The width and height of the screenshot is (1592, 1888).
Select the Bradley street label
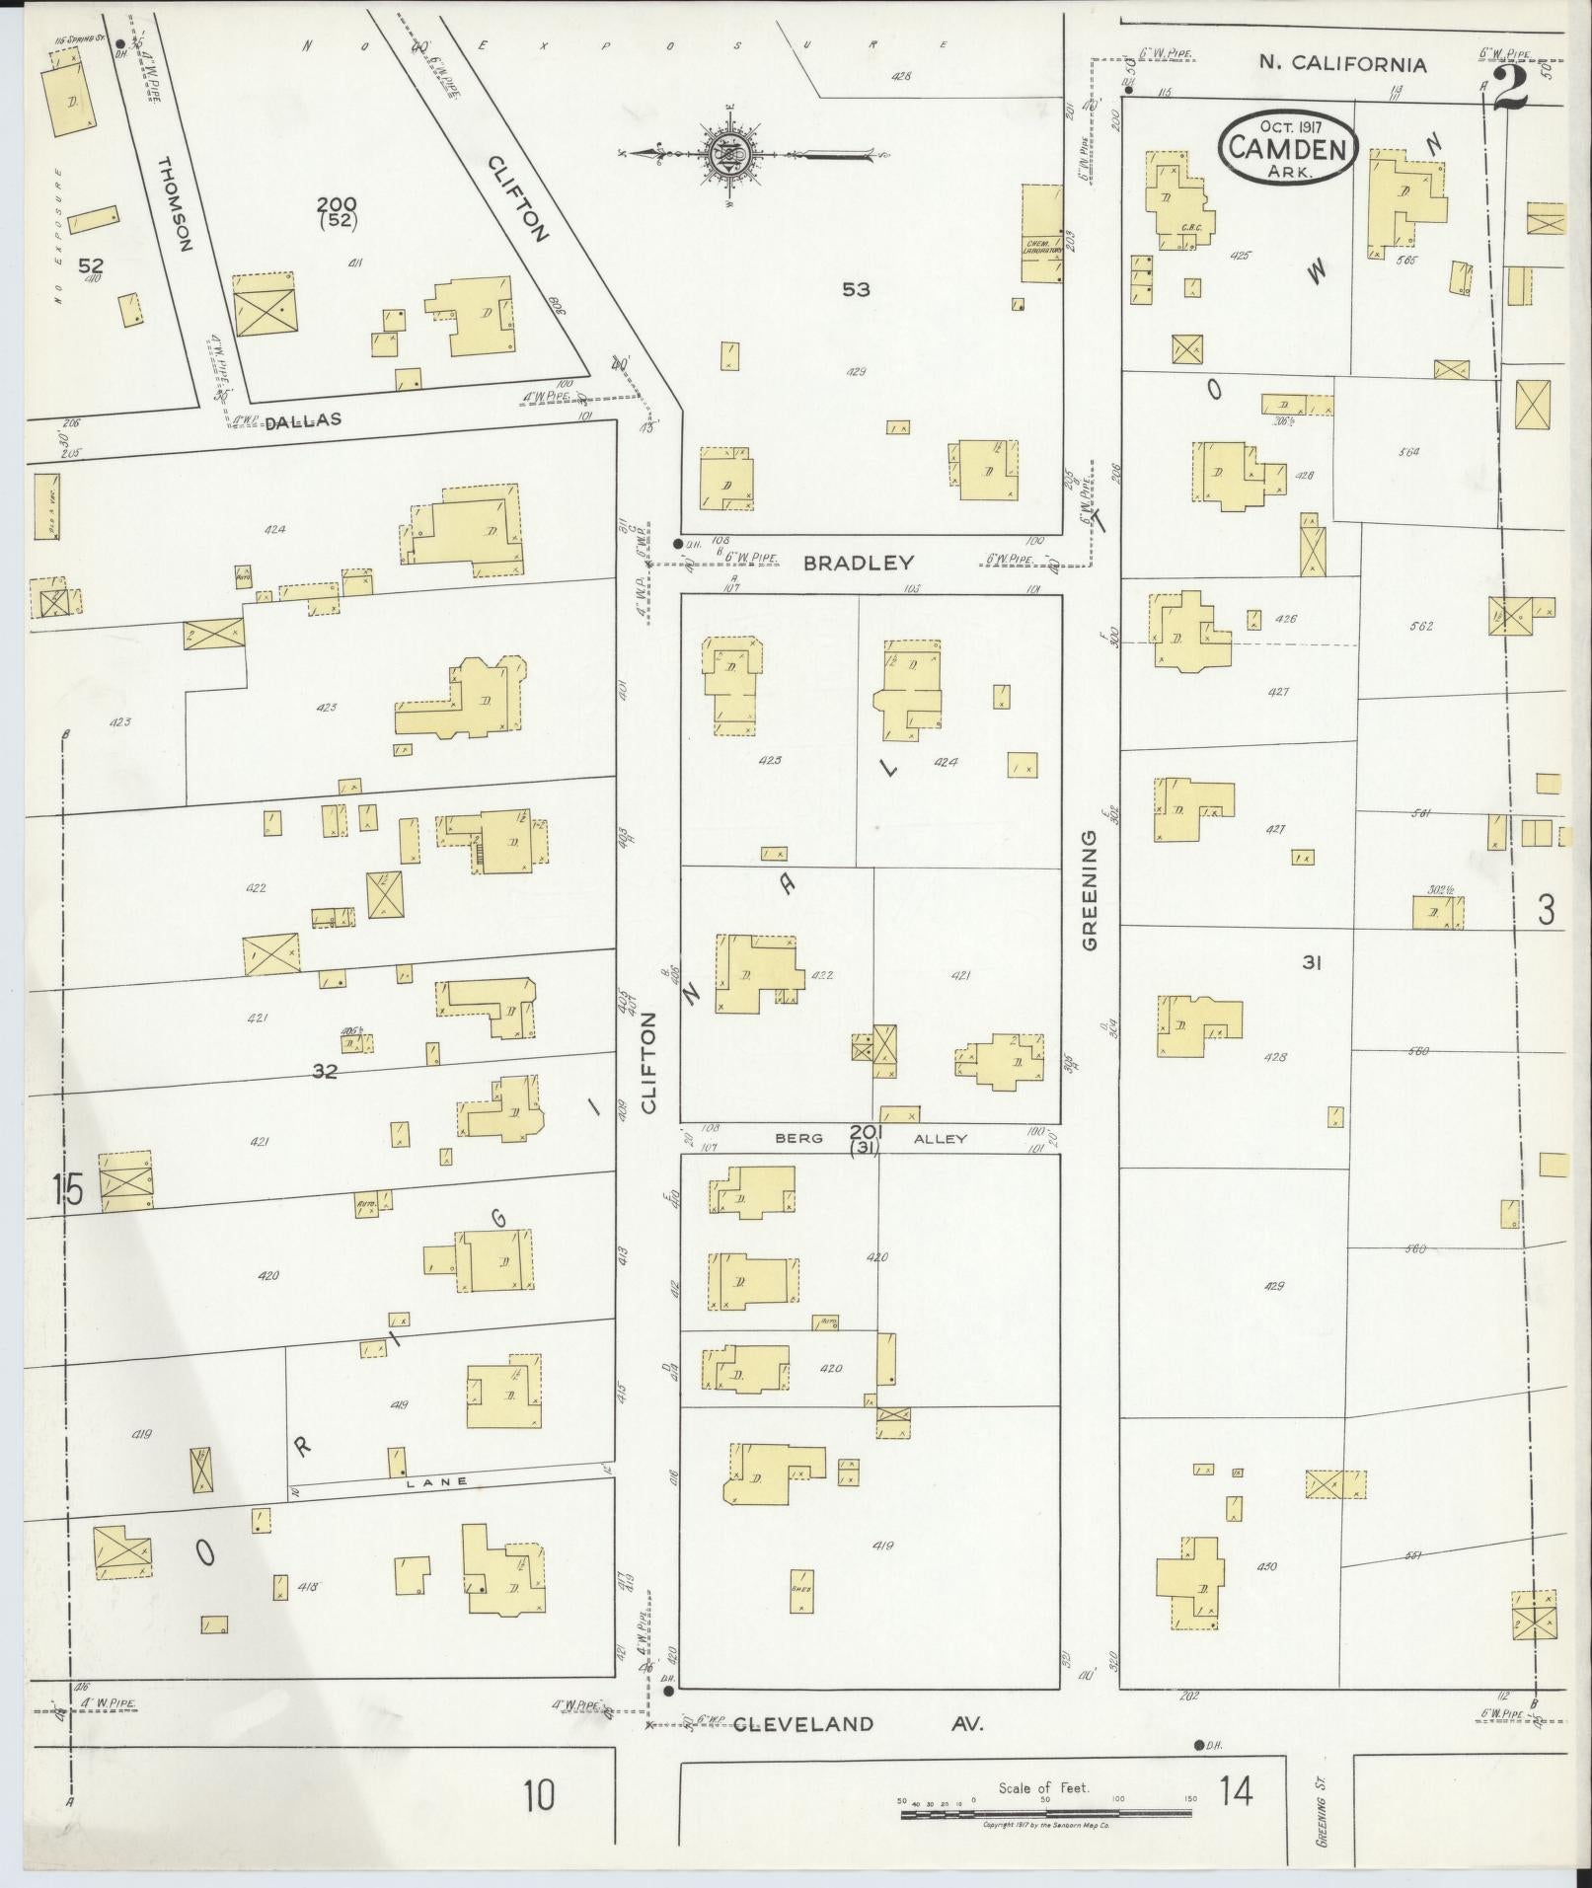click(858, 563)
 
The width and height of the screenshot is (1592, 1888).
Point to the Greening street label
click(1090, 889)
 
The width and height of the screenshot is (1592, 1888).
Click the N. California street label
click(1342, 64)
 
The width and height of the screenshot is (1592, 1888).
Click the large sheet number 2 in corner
click(1510, 89)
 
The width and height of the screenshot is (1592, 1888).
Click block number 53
click(856, 289)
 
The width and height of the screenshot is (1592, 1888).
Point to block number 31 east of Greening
click(1311, 962)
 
